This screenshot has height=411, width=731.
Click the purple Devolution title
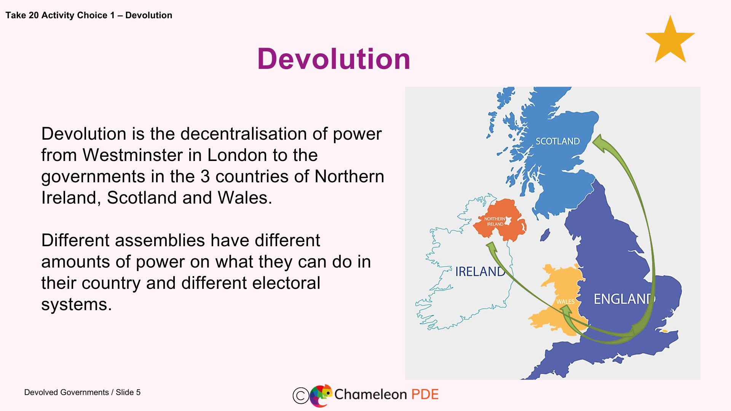coord(334,59)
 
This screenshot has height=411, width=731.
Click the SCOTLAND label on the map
coord(557,141)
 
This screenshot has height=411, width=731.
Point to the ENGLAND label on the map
coord(624,299)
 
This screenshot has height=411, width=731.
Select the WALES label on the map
coord(565,301)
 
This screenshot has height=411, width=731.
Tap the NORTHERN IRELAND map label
coord(495,221)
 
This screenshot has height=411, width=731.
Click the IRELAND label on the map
coord(480,271)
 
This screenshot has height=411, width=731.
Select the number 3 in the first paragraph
coord(205,177)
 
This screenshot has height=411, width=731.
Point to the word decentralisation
coord(244,134)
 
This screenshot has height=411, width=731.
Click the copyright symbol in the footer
coord(300,395)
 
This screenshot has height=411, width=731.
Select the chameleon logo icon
coord(321,395)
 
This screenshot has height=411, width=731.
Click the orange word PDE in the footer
coord(425,394)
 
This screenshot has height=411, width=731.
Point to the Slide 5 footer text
coord(128,392)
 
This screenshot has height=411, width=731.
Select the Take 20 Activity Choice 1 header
coord(89,15)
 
